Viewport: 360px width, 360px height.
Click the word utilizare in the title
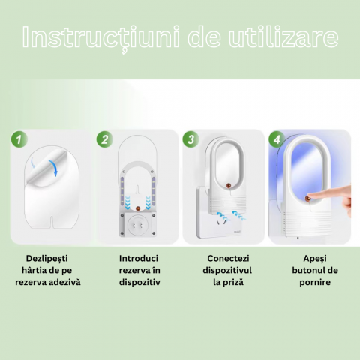(x=283, y=37)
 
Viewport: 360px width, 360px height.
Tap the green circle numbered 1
(x=19, y=139)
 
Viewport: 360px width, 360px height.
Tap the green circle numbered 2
(x=105, y=139)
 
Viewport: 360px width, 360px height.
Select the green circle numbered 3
(x=190, y=139)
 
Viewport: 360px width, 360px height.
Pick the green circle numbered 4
(x=277, y=139)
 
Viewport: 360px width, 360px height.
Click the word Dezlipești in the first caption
(x=47, y=259)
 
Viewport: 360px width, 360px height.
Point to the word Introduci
(x=139, y=258)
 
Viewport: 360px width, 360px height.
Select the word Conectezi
(x=228, y=258)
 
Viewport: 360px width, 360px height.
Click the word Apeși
(x=315, y=259)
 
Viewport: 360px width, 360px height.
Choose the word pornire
(x=315, y=283)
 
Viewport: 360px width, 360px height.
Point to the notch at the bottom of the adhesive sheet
(x=52, y=222)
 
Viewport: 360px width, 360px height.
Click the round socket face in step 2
(x=137, y=226)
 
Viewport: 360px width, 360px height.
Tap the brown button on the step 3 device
(x=228, y=186)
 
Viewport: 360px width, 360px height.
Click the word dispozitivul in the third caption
(x=227, y=271)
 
